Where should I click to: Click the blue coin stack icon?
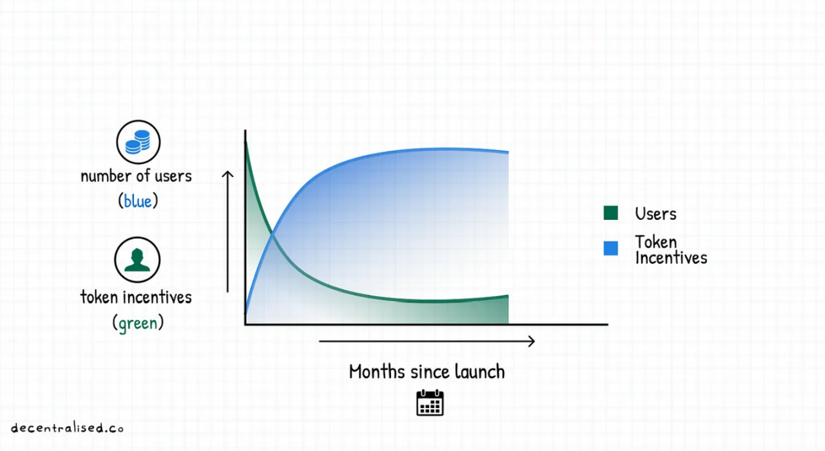(x=138, y=142)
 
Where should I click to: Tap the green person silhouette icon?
(x=137, y=260)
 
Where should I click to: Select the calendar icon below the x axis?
(x=430, y=403)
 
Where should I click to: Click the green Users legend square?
(x=611, y=213)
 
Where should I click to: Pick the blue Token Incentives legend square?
(x=611, y=248)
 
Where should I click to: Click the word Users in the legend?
(x=655, y=214)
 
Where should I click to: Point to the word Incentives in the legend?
(x=671, y=258)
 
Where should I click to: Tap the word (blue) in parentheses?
(x=137, y=201)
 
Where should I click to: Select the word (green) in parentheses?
(x=137, y=323)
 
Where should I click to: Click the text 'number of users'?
(x=136, y=176)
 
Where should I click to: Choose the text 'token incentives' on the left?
(x=136, y=297)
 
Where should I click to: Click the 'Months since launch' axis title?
(x=427, y=371)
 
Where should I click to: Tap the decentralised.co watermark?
(x=67, y=428)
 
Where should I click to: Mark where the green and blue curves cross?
(x=272, y=234)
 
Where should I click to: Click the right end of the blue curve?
(x=508, y=151)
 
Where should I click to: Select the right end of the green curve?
(x=508, y=296)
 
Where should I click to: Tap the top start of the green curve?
(x=246, y=142)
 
